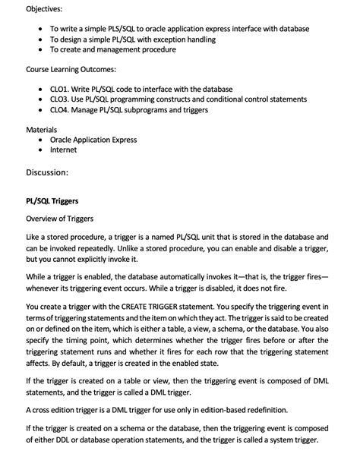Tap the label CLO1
tap(62, 89)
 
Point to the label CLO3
tap(62, 99)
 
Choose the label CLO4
tap(62, 110)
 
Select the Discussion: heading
tap(47, 172)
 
